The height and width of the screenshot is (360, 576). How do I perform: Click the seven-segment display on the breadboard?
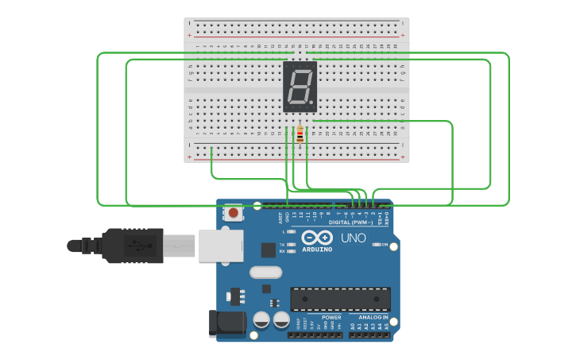pyautogui.click(x=300, y=87)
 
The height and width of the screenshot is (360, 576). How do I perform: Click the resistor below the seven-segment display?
pyautogui.click(x=300, y=136)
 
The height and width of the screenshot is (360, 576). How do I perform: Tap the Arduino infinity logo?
pyautogui.click(x=316, y=238)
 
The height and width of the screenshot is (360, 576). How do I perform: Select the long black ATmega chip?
pyautogui.click(x=340, y=299)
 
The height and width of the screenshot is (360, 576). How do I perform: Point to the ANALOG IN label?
pyautogui.click(x=372, y=318)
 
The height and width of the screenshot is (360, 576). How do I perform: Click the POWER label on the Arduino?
pyautogui.click(x=331, y=318)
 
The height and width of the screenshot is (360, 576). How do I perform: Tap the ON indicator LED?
pyautogui.click(x=373, y=245)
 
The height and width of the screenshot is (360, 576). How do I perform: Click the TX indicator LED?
pyautogui.click(x=292, y=244)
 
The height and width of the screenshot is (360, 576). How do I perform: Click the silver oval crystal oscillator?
pyautogui.click(x=265, y=273)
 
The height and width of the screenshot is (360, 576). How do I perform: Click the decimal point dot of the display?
pyautogui.click(x=312, y=104)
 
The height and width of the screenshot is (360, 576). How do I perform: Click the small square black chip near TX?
pyautogui.click(x=269, y=250)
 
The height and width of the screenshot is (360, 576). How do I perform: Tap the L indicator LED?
pyautogui.click(x=292, y=231)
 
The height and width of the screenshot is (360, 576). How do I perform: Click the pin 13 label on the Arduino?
pyautogui.click(x=293, y=215)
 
